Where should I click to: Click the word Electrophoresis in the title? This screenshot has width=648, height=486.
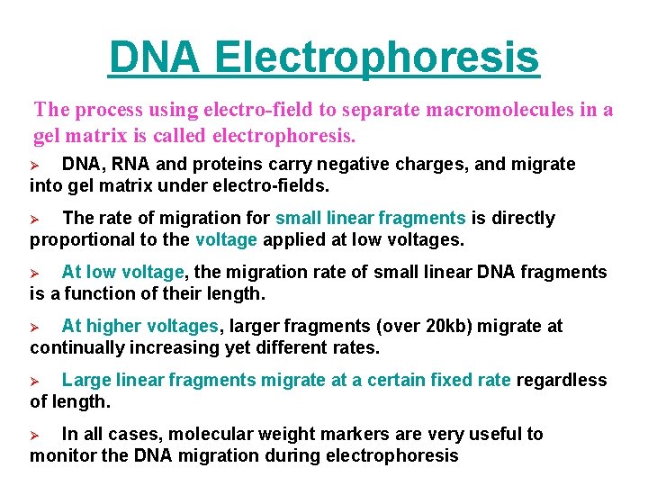(x=378, y=58)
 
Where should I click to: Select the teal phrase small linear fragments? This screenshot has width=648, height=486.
(x=370, y=218)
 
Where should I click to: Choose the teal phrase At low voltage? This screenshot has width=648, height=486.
(x=122, y=272)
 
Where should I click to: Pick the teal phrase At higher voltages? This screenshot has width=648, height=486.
(x=139, y=326)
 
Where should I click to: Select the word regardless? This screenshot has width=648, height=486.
(x=562, y=380)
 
